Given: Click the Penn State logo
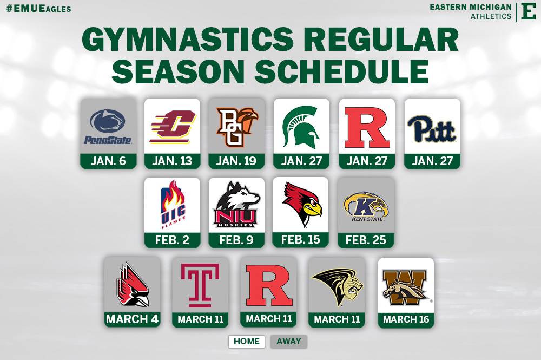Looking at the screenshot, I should (108, 127).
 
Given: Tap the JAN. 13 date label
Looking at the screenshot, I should (172, 161).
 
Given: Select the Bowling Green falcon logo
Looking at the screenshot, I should (237, 127).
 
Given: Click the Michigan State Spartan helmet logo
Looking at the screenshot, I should (301, 127).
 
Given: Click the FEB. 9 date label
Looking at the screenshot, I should (236, 240).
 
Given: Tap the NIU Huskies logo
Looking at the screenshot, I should (236, 205).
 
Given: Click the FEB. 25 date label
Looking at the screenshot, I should (366, 240).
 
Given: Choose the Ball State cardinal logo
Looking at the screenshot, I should (132, 284).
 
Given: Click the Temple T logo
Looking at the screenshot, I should (200, 284).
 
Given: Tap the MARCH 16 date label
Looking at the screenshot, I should (406, 319).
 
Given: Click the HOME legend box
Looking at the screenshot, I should (247, 342).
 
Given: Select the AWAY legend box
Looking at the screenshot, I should (289, 342).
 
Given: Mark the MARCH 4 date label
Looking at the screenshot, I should (132, 319).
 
